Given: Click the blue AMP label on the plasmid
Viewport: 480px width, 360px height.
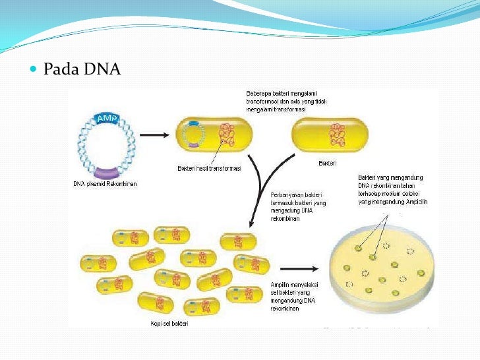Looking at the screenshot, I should (106, 118).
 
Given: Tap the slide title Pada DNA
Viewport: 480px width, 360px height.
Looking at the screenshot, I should (82, 69).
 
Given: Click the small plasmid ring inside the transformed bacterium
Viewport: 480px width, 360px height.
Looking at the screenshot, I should (192, 136).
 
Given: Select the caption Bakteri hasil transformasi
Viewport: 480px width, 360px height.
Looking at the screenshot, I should (209, 169).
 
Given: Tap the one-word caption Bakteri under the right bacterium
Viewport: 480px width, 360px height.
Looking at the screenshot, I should (328, 162).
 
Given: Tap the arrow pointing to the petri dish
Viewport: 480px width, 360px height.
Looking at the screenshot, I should (299, 268).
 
